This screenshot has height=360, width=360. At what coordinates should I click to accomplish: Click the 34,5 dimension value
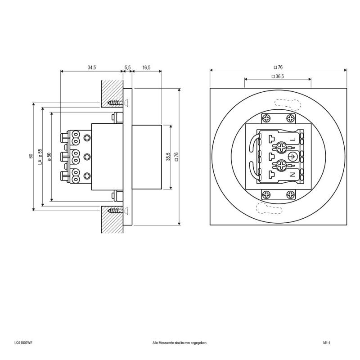coord(92,67)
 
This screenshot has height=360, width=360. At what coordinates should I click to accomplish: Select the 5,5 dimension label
coord(127,67)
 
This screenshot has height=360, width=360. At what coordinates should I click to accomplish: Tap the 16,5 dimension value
coord(146,67)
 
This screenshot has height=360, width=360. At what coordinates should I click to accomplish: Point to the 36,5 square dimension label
coord(278,76)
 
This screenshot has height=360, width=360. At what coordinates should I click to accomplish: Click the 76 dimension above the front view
coord(278,67)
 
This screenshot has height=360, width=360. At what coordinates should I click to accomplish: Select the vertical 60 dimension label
coord(31,156)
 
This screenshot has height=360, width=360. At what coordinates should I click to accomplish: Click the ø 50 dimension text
coord(49,156)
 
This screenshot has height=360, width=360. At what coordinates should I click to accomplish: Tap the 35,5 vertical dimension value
coord(168,157)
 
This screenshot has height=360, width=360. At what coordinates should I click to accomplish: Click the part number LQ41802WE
coord(23,342)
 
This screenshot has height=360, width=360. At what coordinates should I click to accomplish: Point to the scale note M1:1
coord(327,342)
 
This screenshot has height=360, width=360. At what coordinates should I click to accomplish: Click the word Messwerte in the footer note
coord(166,342)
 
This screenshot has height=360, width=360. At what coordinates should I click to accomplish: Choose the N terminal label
coord(292,174)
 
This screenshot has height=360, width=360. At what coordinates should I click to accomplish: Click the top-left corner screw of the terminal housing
coord(266,118)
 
